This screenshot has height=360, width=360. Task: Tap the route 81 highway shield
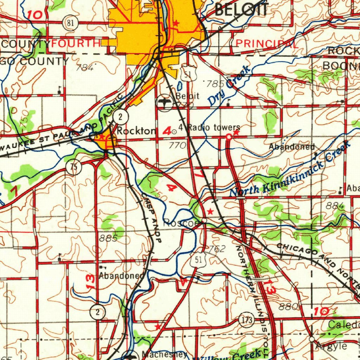coord(70,24)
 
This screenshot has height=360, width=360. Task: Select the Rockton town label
coord(136,131)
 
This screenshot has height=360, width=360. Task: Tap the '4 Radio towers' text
coord(210,127)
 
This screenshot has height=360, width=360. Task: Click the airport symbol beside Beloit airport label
coord(164,103)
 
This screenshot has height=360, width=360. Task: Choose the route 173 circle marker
coord(246,320)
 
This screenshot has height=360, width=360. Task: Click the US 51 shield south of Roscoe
coord(198,261)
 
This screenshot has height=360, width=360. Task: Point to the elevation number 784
coord(85,68)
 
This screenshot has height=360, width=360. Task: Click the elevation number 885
coord(108,238)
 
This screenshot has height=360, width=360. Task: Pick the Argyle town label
coord(331,346)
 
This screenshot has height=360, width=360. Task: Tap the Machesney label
coord(165,354)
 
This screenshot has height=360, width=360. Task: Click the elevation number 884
coord(334,206)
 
